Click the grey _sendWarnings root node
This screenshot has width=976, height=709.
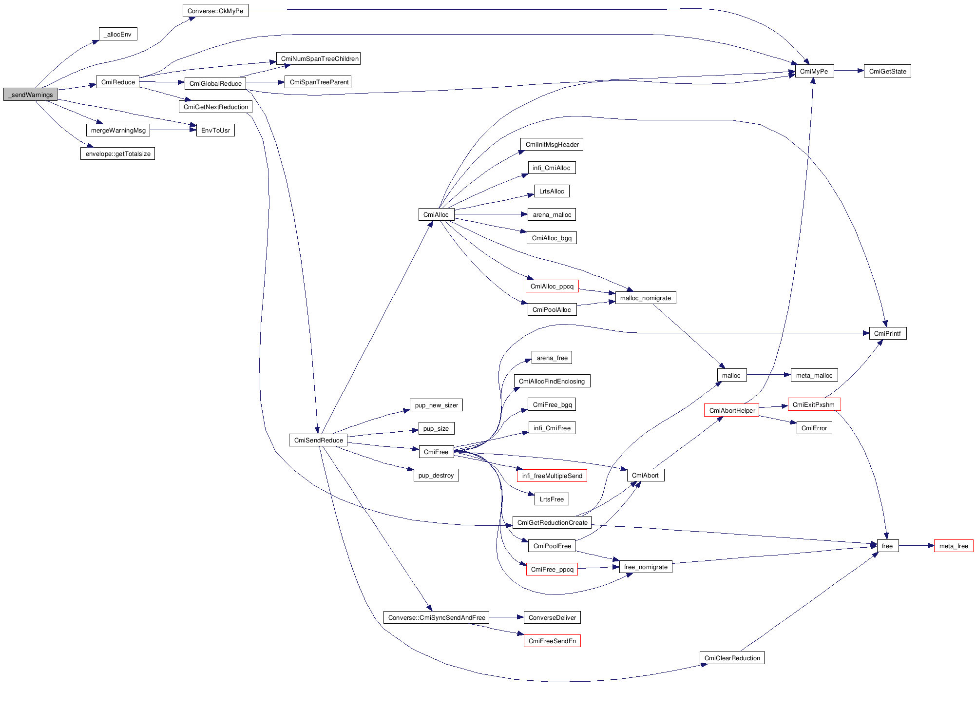click(30, 95)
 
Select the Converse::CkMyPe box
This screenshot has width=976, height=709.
click(215, 11)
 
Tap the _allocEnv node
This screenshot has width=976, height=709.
click(118, 34)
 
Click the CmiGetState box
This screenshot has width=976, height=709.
click(887, 71)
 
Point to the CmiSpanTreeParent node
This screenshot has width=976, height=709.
click(319, 82)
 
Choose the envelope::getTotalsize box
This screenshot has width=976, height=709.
click(117, 153)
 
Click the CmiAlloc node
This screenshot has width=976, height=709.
click(436, 214)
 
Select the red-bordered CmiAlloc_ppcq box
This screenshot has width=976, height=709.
click(552, 286)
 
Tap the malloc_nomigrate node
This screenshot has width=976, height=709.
click(645, 298)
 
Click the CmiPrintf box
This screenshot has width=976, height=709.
click(887, 333)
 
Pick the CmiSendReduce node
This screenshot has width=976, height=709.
click(318, 440)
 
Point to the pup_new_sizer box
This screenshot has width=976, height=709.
click(436, 405)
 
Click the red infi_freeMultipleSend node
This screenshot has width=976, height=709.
click(552, 476)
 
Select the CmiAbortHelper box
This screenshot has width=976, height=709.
click(731, 410)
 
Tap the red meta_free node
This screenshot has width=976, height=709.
click(953, 546)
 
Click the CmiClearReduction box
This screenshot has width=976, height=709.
click(731, 658)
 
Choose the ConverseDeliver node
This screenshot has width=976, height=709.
click(552, 617)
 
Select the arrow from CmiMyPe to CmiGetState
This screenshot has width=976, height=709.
click(848, 71)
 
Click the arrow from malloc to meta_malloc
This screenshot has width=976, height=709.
click(768, 375)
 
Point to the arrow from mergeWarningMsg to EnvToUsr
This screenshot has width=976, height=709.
click(173, 130)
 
